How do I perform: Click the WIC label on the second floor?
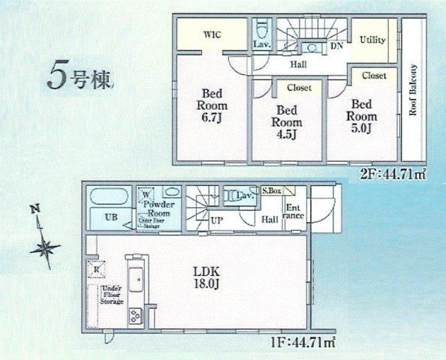click(x=211, y=34)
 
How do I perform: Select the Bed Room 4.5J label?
click(x=287, y=122)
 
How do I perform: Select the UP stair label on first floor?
click(x=215, y=221)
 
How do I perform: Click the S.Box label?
click(x=271, y=192)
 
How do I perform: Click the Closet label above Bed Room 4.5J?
click(x=299, y=88)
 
